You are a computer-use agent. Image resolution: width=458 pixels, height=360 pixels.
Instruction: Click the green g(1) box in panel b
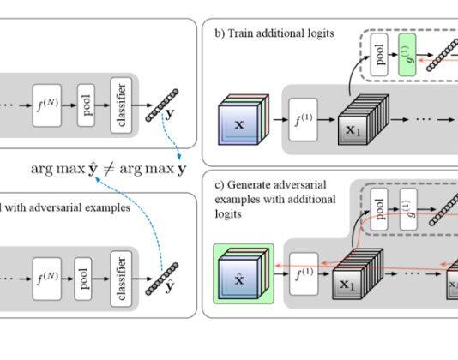coord(407,55)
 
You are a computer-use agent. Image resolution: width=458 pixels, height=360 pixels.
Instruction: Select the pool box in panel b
coord(379,55)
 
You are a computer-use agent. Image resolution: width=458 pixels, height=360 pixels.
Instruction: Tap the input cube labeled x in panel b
coord(244,120)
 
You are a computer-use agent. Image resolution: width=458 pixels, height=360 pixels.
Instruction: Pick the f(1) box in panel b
coord(304,120)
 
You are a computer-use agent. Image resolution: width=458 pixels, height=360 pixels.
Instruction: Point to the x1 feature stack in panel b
coord(364,120)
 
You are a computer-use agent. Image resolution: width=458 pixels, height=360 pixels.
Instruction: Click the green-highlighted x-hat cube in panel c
coord(244,273)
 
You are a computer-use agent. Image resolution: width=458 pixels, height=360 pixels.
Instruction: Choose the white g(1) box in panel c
coord(408,209)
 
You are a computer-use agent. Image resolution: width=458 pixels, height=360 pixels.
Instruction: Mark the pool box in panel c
coord(379,209)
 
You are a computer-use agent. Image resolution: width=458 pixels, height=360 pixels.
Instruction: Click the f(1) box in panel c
coord(304,274)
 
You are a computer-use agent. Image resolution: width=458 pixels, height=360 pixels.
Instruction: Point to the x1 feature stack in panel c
coord(358,274)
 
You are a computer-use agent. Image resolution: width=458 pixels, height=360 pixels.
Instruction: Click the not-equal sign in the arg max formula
coord(109,169)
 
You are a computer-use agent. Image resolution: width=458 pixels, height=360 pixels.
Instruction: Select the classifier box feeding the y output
coord(121,105)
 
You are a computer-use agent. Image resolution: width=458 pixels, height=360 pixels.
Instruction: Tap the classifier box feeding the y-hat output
coord(121,279)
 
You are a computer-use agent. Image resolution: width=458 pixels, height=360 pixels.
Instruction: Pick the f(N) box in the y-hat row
coord(47,279)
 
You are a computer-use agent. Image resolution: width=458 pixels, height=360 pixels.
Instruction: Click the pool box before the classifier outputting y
coord(86,105)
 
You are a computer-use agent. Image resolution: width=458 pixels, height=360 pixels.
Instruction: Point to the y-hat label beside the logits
coord(170,286)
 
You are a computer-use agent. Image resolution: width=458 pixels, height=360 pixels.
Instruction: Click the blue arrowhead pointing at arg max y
coord(179,157)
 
